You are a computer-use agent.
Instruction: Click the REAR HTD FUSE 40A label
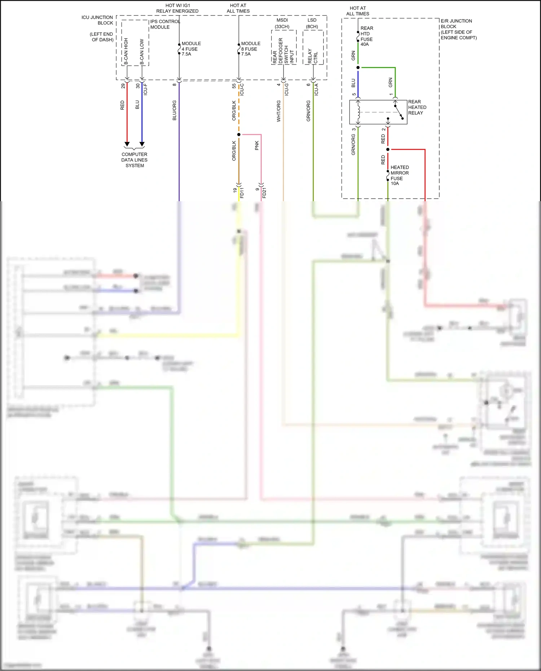click(x=366, y=36)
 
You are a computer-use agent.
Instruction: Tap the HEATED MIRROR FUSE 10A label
click(x=399, y=175)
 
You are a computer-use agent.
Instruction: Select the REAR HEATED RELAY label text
click(x=417, y=107)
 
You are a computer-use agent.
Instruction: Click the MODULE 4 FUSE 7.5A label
click(x=191, y=49)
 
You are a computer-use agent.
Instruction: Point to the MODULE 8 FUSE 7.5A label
click(x=250, y=49)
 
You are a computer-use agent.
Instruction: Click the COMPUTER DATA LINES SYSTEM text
click(x=135, y=160)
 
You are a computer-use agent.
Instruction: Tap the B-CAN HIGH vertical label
click(x=126, y=51)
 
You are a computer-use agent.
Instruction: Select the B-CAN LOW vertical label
click(x=142, y=52)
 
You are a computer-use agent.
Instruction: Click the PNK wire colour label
click(x=257, y=145)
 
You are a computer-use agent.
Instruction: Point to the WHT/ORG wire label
click(x=278, y=111)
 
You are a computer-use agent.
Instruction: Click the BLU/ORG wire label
click(x=175, y=110)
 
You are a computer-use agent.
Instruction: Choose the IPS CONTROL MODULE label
click(x=165, y=24)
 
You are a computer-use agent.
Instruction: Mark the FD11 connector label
click(x=242, y=193)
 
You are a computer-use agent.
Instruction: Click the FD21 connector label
click(x=264, y=193)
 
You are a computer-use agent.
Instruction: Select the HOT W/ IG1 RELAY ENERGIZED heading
click(x=177, y=8)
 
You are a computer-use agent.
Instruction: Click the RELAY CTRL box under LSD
click(x=313, y=48)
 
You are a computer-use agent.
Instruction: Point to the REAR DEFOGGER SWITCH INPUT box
click(x=283, y=48)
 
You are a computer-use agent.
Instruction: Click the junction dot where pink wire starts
click(x=239, y=134)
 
